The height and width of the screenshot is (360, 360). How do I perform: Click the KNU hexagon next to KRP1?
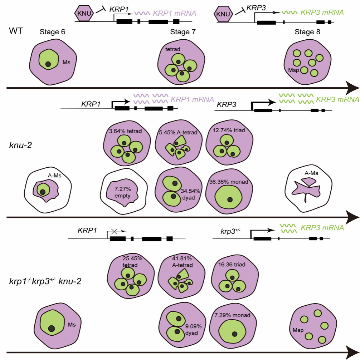tap(84, 13)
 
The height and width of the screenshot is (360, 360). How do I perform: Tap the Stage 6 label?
tap(53, 32)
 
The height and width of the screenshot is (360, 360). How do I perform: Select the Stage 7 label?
tap(183, 32)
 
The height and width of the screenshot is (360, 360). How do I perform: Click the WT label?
tap(16, 31)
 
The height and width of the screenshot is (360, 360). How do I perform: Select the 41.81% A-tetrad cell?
tap(181, 275)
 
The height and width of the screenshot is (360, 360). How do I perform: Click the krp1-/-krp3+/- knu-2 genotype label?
tap(45, 281)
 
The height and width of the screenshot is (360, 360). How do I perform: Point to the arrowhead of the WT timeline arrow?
tap(352, 88)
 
